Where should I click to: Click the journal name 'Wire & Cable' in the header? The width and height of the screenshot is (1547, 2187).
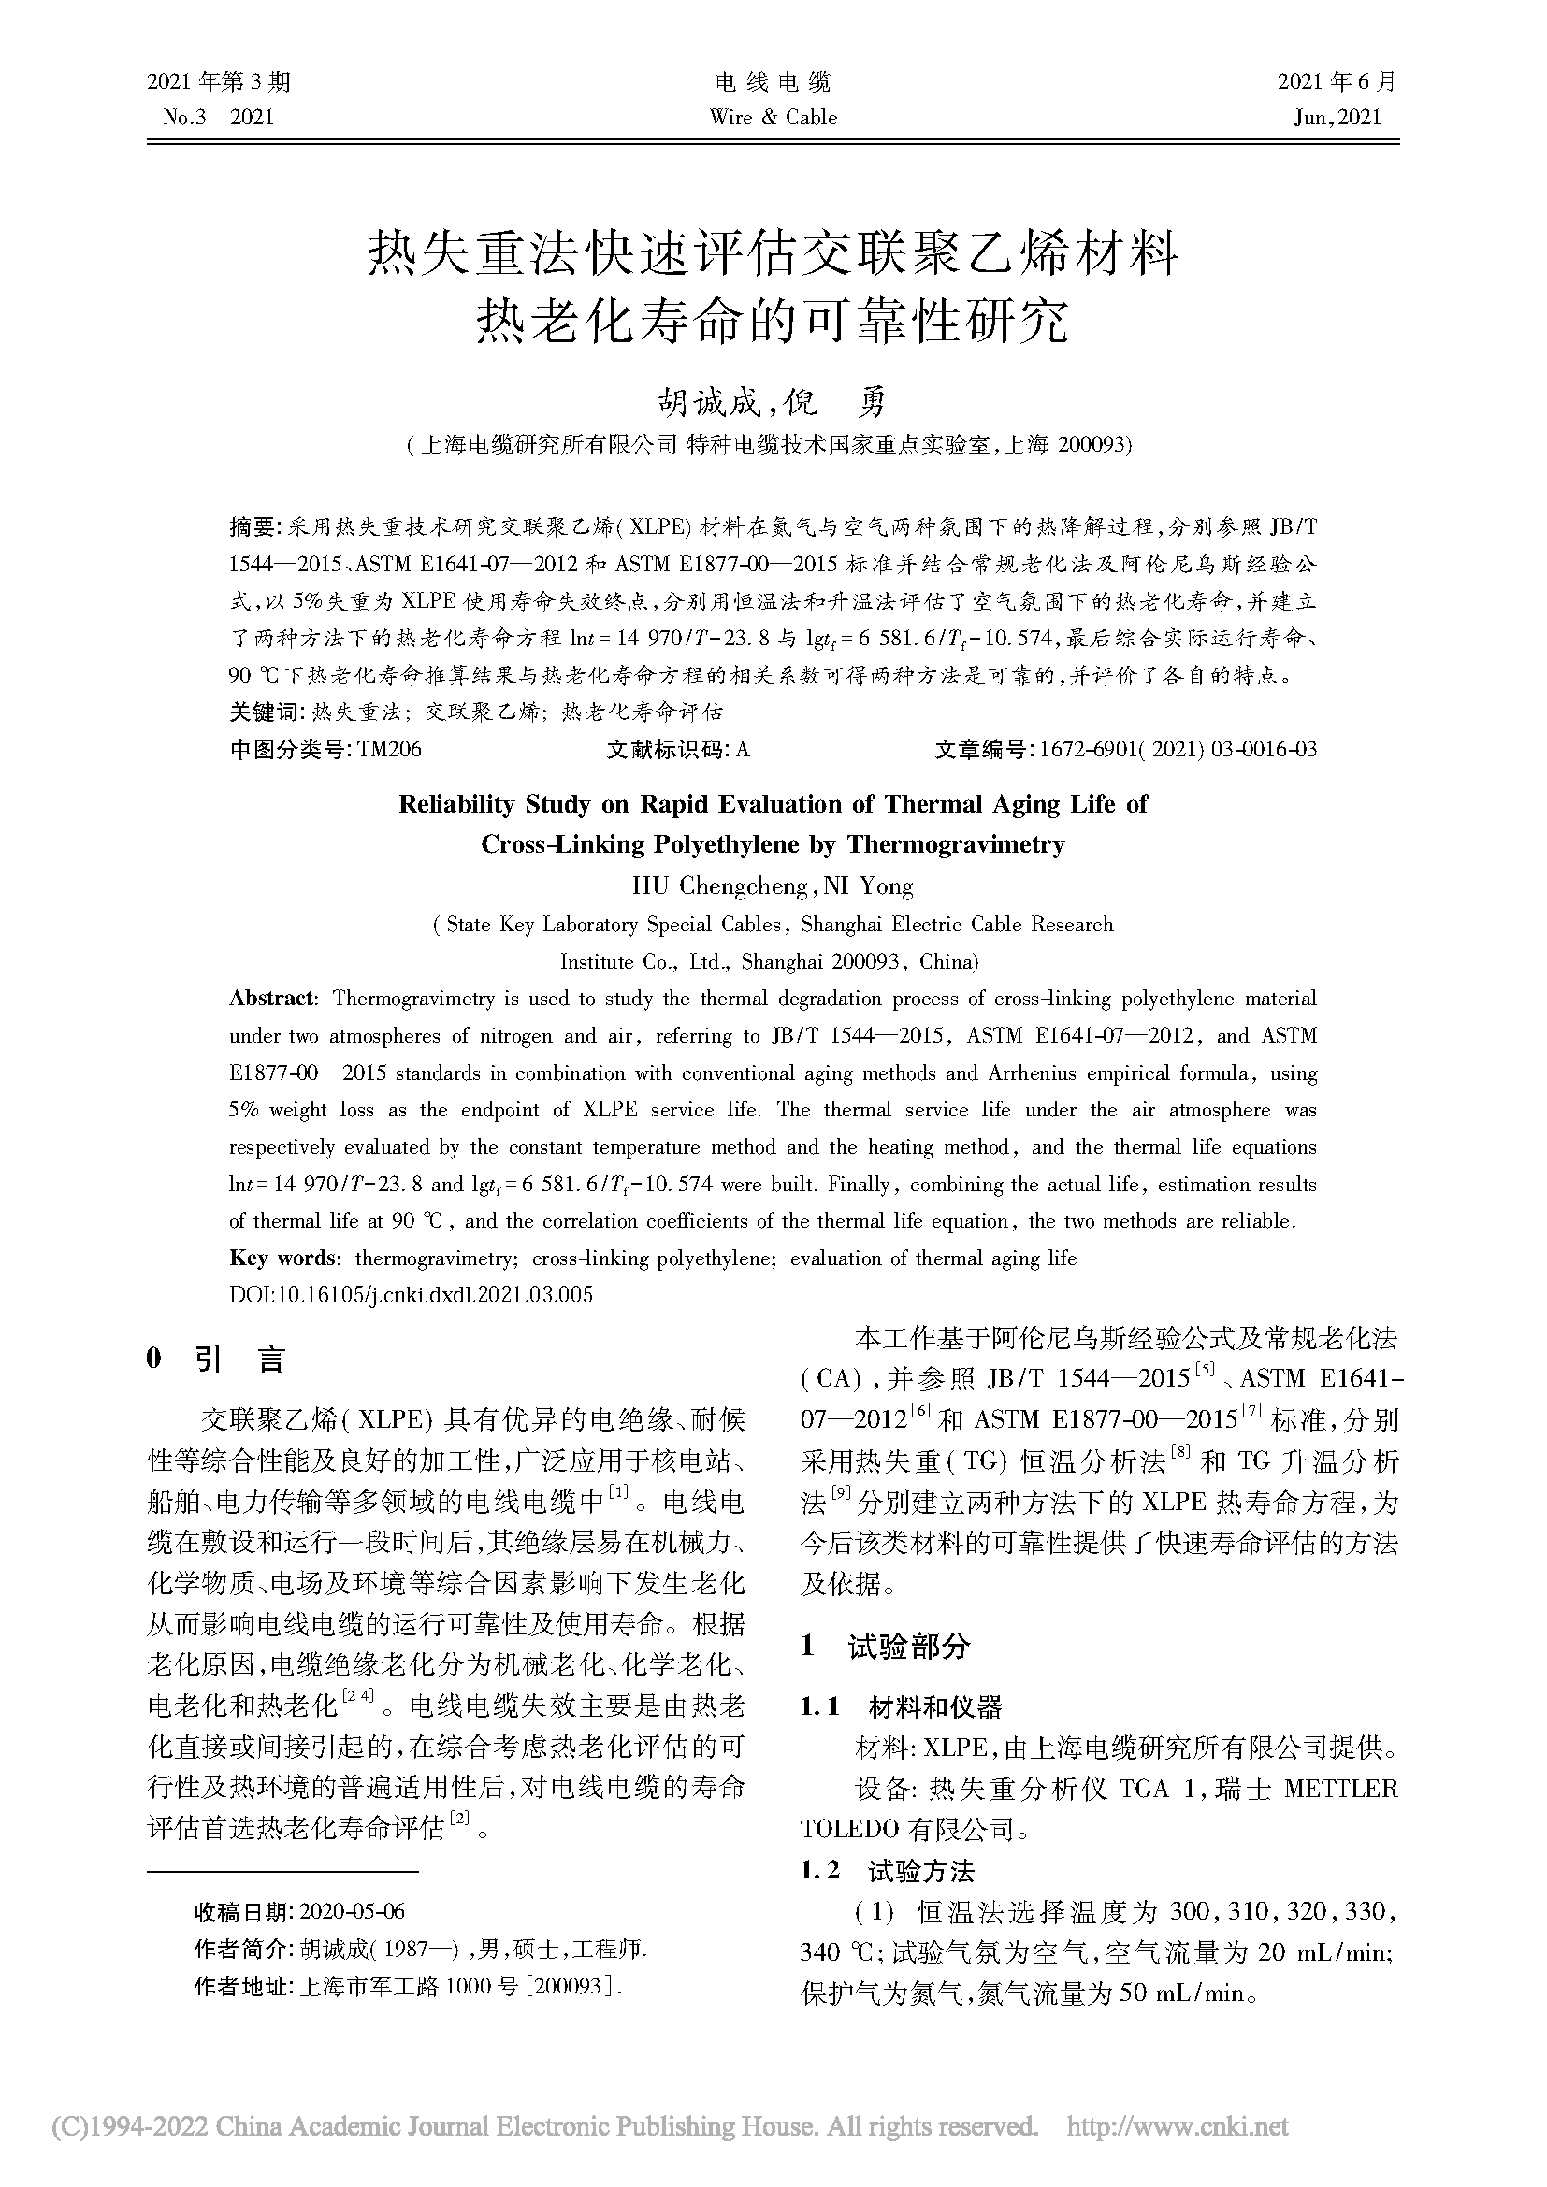tap(773, 118)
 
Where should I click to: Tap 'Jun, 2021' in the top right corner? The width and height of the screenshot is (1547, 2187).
tap(1337, 118)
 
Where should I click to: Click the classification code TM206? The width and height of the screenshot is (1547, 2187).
tap(390, 750)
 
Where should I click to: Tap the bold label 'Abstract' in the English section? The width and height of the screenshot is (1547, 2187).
tap(271, 1000)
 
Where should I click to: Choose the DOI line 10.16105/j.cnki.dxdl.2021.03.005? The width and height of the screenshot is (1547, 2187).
tap(412, 1294)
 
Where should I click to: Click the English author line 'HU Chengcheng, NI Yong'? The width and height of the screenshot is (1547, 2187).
tap(773, 886)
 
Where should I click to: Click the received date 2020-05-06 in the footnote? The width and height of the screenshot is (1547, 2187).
tap(353, 1911)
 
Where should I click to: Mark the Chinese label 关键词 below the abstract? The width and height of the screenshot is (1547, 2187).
tap(263, 712)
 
